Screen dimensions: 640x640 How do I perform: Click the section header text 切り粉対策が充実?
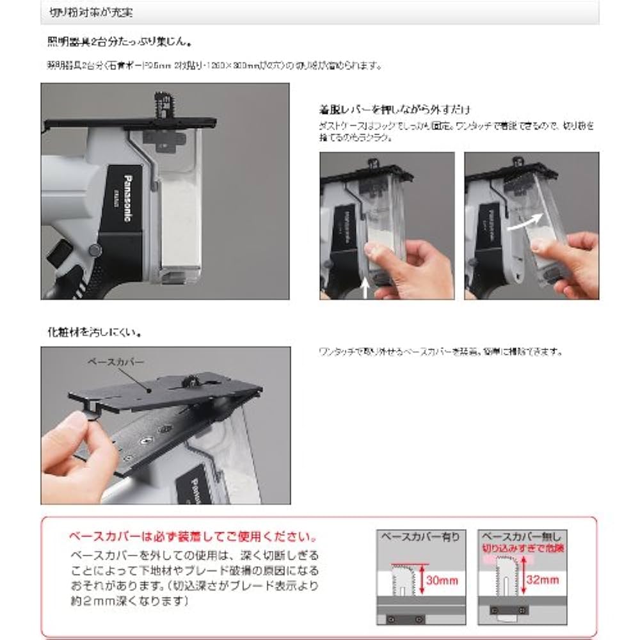pos(91,12)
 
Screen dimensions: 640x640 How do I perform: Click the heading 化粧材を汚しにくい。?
pos(95,333)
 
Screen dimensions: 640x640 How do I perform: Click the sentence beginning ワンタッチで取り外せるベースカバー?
pos(441,351)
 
